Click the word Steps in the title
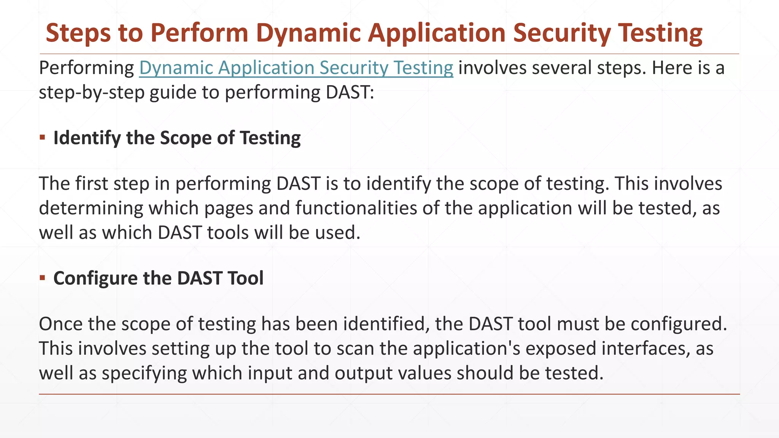click(x=78, y=33)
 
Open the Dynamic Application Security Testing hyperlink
click(x=296, y=68)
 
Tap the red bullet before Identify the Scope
click(x=42, y=137)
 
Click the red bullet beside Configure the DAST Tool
click(x=42, y=278)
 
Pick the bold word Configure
click(x=95, y=278)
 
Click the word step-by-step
click(x=92, y=92)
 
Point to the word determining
click(x=91, y=208)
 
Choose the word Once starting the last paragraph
click(x=61, y=324)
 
